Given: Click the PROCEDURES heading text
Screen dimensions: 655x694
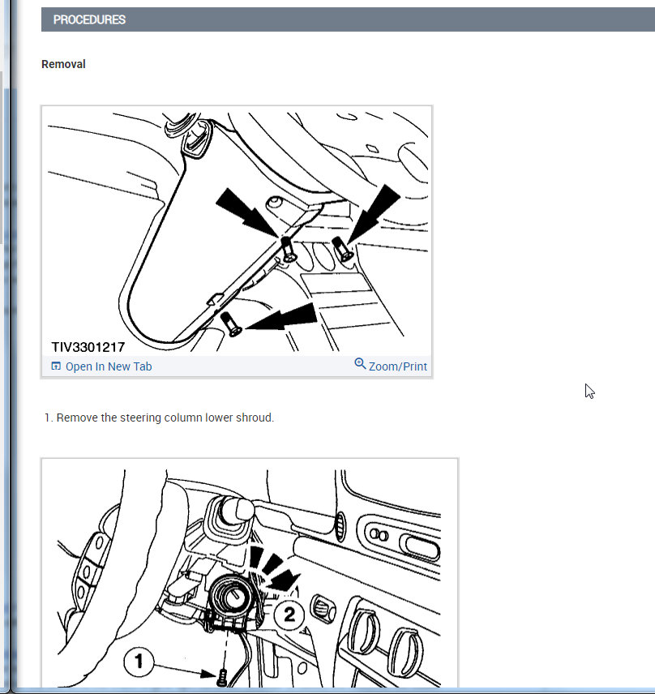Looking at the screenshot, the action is click(89, 20).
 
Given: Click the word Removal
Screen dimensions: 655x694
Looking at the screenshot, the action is click(63, 64).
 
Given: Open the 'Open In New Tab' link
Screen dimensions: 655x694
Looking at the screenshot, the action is click(109, 366).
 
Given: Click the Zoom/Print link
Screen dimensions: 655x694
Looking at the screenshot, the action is click(398, 366).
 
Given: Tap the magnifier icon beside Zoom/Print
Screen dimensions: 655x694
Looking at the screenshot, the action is click(360, 364).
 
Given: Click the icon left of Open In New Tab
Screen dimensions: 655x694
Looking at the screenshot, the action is click(56, 366).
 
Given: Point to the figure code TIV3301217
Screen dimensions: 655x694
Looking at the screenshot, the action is click(88, 347).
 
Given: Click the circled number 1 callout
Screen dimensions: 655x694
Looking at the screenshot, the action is click(139, 662).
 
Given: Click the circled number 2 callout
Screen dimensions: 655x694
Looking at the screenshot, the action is click(289, 615).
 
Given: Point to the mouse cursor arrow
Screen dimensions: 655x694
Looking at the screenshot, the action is click(589, 392).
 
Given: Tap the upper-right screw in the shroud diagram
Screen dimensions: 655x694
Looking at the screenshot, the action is click(343, 249).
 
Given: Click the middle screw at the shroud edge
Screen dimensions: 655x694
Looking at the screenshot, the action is click(288, 250).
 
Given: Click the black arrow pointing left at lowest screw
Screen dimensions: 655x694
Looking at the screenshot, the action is click(281, 317).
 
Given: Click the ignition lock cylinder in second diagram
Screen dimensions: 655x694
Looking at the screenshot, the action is click(231, 596).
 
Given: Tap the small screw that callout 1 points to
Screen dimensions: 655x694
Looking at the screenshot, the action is click(223, 677).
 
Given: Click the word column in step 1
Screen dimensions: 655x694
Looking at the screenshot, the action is click(182, 418).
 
